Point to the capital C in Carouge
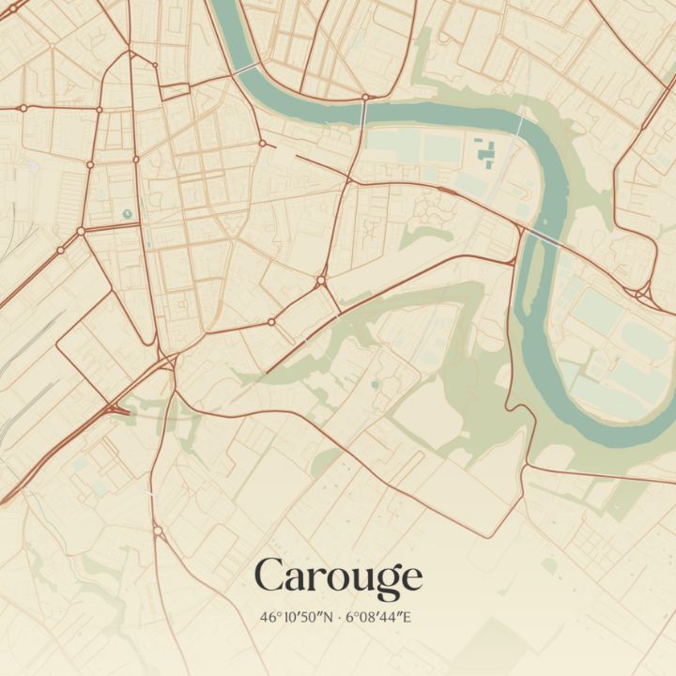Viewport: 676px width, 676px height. click(269, 576)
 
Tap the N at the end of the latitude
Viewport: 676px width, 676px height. click(329, 618)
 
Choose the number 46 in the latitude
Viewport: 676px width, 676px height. click(269, 618)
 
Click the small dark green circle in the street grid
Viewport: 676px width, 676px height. click(128, 214)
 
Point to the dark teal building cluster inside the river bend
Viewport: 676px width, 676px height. click(485, 151)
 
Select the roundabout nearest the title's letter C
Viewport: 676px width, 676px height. click(158, 531)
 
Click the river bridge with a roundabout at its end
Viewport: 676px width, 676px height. click(364, 111)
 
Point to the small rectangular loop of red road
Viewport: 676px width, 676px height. click(175, 90)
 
